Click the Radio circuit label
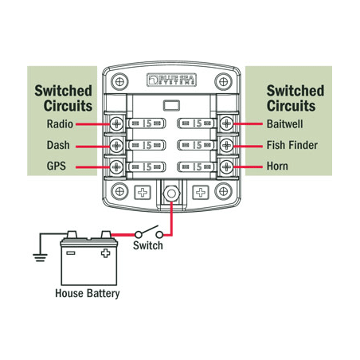[x=60, y=124]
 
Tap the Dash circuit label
[x=58, y=145]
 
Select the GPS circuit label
[x=57, y=166]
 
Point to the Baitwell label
[x=284, y=124]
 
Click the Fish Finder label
[x=292, y=145]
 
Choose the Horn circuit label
[x=277, y=166]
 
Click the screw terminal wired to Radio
[x=116, y=123]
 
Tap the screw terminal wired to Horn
[x=227, y=166]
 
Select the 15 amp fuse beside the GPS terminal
[x=146, y=167]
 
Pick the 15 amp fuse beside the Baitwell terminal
[x=197, y=123]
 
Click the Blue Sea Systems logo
[x=171, y=80]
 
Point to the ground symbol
[x=40, y=257]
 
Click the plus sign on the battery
[x=105, y=253]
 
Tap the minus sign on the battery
[x=70, y=252]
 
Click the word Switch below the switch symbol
[x=148, y=245]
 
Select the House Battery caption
[x=88, y=294]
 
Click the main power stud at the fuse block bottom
[x=171, y=194]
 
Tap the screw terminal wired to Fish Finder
[x=227, y=145]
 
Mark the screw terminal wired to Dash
[x=116, y=145]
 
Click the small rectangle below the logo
[x=171, y=105]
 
